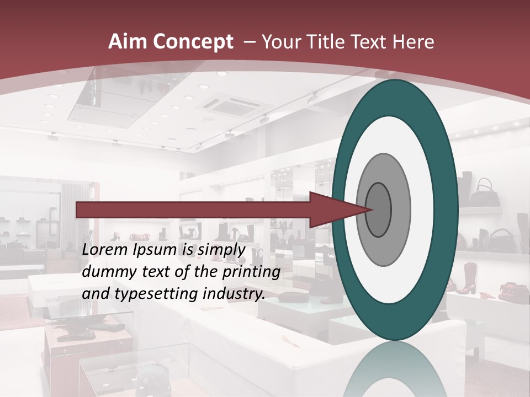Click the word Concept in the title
coord(193,42)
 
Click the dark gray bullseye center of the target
coord(379,210)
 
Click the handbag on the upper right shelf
coord(487,191)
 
